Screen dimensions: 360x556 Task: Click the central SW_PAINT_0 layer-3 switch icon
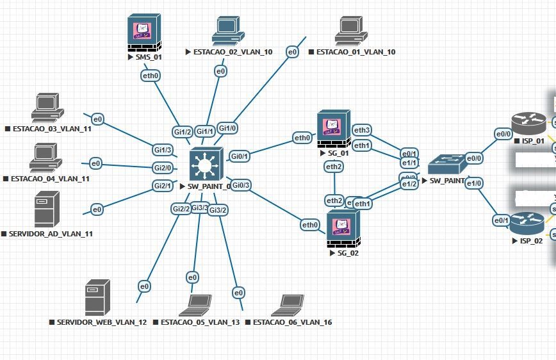click(205, 165)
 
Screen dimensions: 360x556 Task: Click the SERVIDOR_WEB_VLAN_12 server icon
click(97, 298)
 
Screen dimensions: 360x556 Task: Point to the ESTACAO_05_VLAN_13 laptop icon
click(195, 306)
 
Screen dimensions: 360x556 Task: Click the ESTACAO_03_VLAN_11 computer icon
click(45, 107)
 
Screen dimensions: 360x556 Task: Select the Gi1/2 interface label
click(183, 132)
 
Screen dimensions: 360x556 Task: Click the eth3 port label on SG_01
click(362, 131)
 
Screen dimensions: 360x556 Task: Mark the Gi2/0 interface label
click(162, 168)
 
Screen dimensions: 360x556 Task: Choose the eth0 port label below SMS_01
click(151, 75)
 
